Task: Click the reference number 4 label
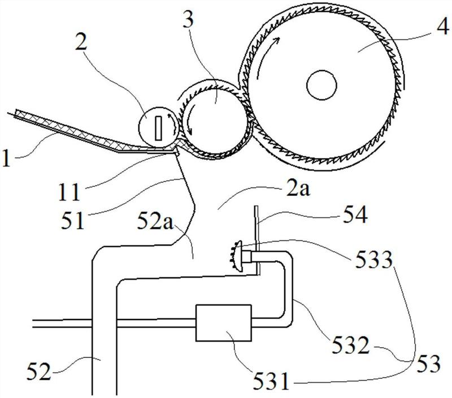(442, 28)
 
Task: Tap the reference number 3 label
(189, 18)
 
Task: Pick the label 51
(72, 219)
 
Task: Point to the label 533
(374, 260)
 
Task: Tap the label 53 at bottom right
(428, 363)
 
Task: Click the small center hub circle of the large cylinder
(321, 85)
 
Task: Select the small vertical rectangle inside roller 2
(158, 128)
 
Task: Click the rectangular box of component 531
(223, 323)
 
